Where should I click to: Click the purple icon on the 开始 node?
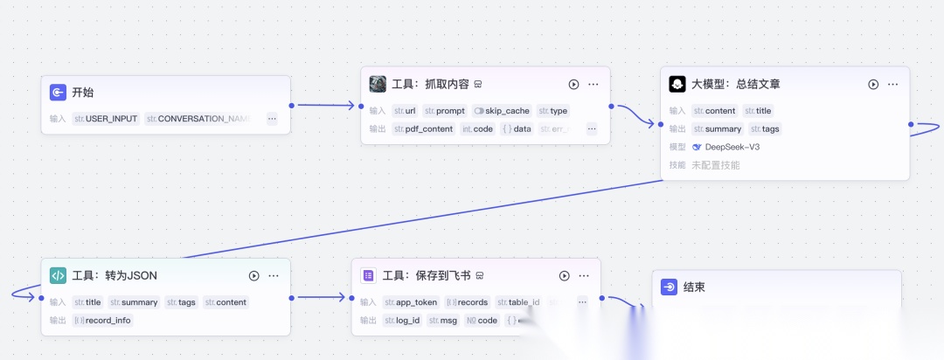click(58, 92)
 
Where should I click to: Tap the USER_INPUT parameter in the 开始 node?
click(107, 119)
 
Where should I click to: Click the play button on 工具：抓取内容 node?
click(573, 84)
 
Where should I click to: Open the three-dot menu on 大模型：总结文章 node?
click(892, 84)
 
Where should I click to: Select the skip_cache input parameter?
click(502, 111)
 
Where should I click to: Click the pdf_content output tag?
click(424, 128)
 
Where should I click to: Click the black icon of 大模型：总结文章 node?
click(677, 84)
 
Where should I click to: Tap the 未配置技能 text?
click(715, 164)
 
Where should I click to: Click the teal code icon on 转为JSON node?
click(58, 275)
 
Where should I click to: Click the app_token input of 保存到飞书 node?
click(411, 302)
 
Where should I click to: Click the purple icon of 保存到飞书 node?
click(368, 275)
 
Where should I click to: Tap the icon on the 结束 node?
click(669, 287)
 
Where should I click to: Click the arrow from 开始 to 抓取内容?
click(324, 105)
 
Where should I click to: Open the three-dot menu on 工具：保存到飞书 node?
click(584, 275)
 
